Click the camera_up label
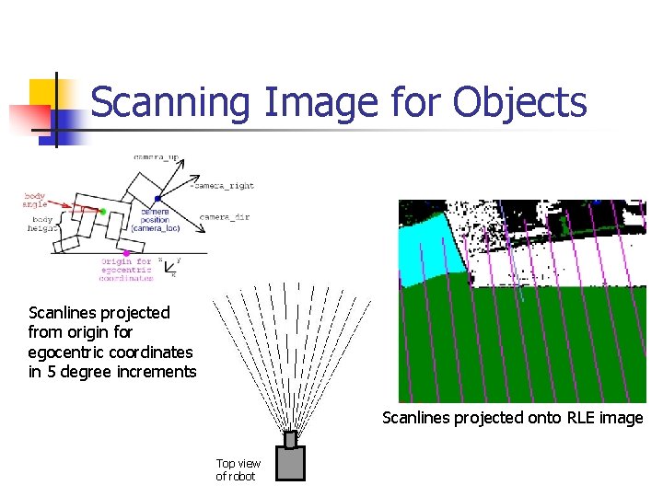[x=157, y=157]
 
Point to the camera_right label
[x=223, y=186]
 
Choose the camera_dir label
[x=224, y=217]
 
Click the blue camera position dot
[x=157, y=199]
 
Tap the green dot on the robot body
[x=103, y=212]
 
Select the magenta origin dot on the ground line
[x=126, y=252]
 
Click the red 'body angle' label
[x=36, y=200]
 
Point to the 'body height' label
[x=41, y=224]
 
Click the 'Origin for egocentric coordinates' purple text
[x=127, y=269]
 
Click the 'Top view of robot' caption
[x=238, y=469]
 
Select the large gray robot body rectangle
[x=291, y=463]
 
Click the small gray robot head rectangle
[x=291, y=439]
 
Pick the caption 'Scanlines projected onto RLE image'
[x=512, y=418]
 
